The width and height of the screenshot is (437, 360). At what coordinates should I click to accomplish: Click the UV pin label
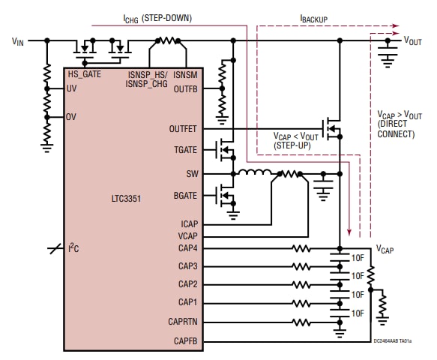[72, 88]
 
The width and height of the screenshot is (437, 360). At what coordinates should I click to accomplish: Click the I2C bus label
[73, 248]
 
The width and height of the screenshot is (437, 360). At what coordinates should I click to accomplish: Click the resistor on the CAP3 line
[301, 266]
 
